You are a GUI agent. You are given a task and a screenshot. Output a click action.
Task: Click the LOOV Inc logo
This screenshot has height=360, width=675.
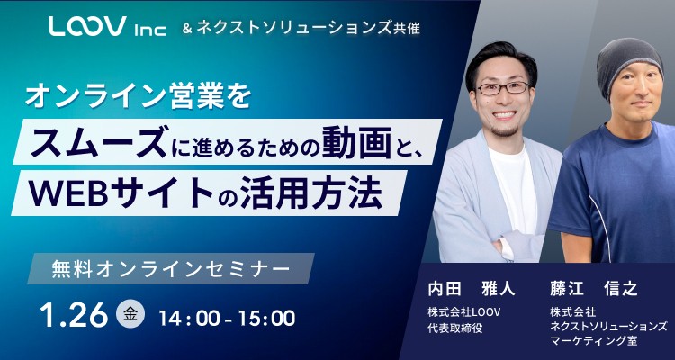click(107, 28)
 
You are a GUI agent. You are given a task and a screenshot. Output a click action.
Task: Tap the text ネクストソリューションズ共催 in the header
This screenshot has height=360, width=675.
click(311, 28)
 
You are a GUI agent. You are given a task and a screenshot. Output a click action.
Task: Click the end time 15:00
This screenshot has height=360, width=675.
click(265, 317)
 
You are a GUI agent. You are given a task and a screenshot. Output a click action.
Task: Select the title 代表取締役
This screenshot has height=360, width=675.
click(456, 328)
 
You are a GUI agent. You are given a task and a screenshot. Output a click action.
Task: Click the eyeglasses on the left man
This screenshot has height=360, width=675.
click(501, 87)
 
